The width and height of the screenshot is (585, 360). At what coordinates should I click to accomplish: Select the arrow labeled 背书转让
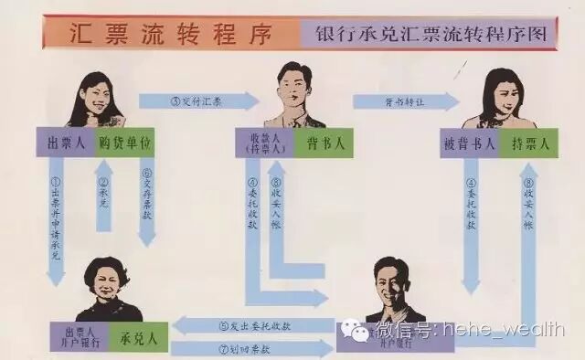click(x=402, y=101)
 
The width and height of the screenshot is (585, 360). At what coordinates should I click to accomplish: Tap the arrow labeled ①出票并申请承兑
click(x=56, y=219)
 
